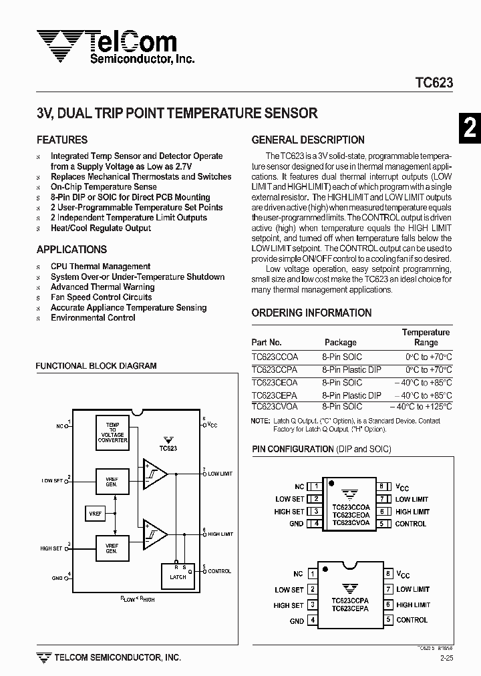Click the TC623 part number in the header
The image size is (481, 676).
click(x=434, y=83)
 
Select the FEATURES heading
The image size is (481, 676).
click(x=62, y=140)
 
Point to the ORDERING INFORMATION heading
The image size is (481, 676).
click(x=311, y=313)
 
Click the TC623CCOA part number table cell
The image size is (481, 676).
click(x=275, y=357)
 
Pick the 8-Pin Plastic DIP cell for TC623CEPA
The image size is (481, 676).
click(x=351, y=395)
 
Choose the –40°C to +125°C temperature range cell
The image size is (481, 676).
click(x=421, y=406)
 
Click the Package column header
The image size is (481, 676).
click(x=341, y=343)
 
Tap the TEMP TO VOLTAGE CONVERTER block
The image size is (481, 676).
click(x=113, y=433)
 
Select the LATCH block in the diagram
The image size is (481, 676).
click(x=178, y=576)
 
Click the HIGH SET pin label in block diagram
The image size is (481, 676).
click(x=51, y=548)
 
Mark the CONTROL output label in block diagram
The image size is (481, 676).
click(x=219, y=571)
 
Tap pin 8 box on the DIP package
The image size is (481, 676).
click(x=387, y=574)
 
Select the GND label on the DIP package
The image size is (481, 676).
click(x=297, y=621)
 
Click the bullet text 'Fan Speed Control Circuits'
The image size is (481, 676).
click(x=102, y=297)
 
